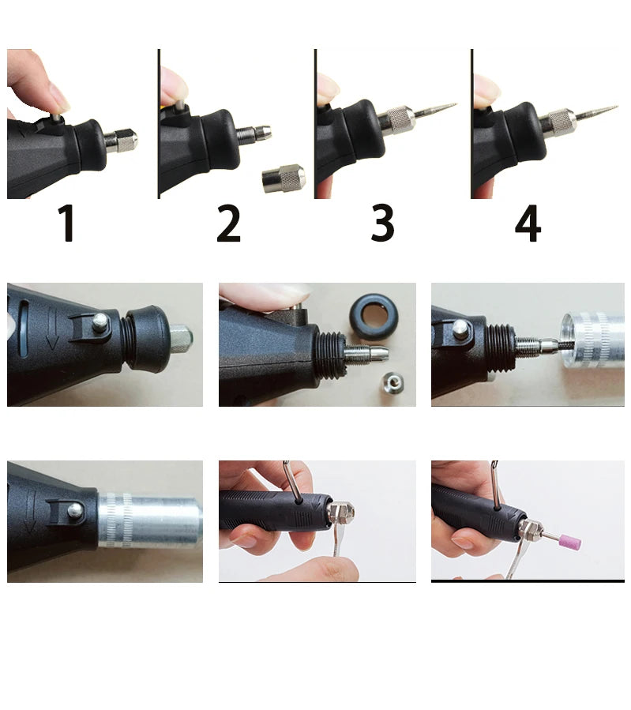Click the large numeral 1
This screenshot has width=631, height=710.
(x=68, y=224)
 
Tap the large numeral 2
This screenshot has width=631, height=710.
(x=228, y=224)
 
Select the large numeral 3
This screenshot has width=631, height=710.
(x=382, y=224)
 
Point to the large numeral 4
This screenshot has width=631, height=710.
(x=528, y=224)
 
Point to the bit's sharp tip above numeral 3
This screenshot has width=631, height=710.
(x=453, y=104)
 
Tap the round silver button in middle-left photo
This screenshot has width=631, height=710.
(x=101, y=321)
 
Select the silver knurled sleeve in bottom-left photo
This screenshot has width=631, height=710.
(x=150, y=521)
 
